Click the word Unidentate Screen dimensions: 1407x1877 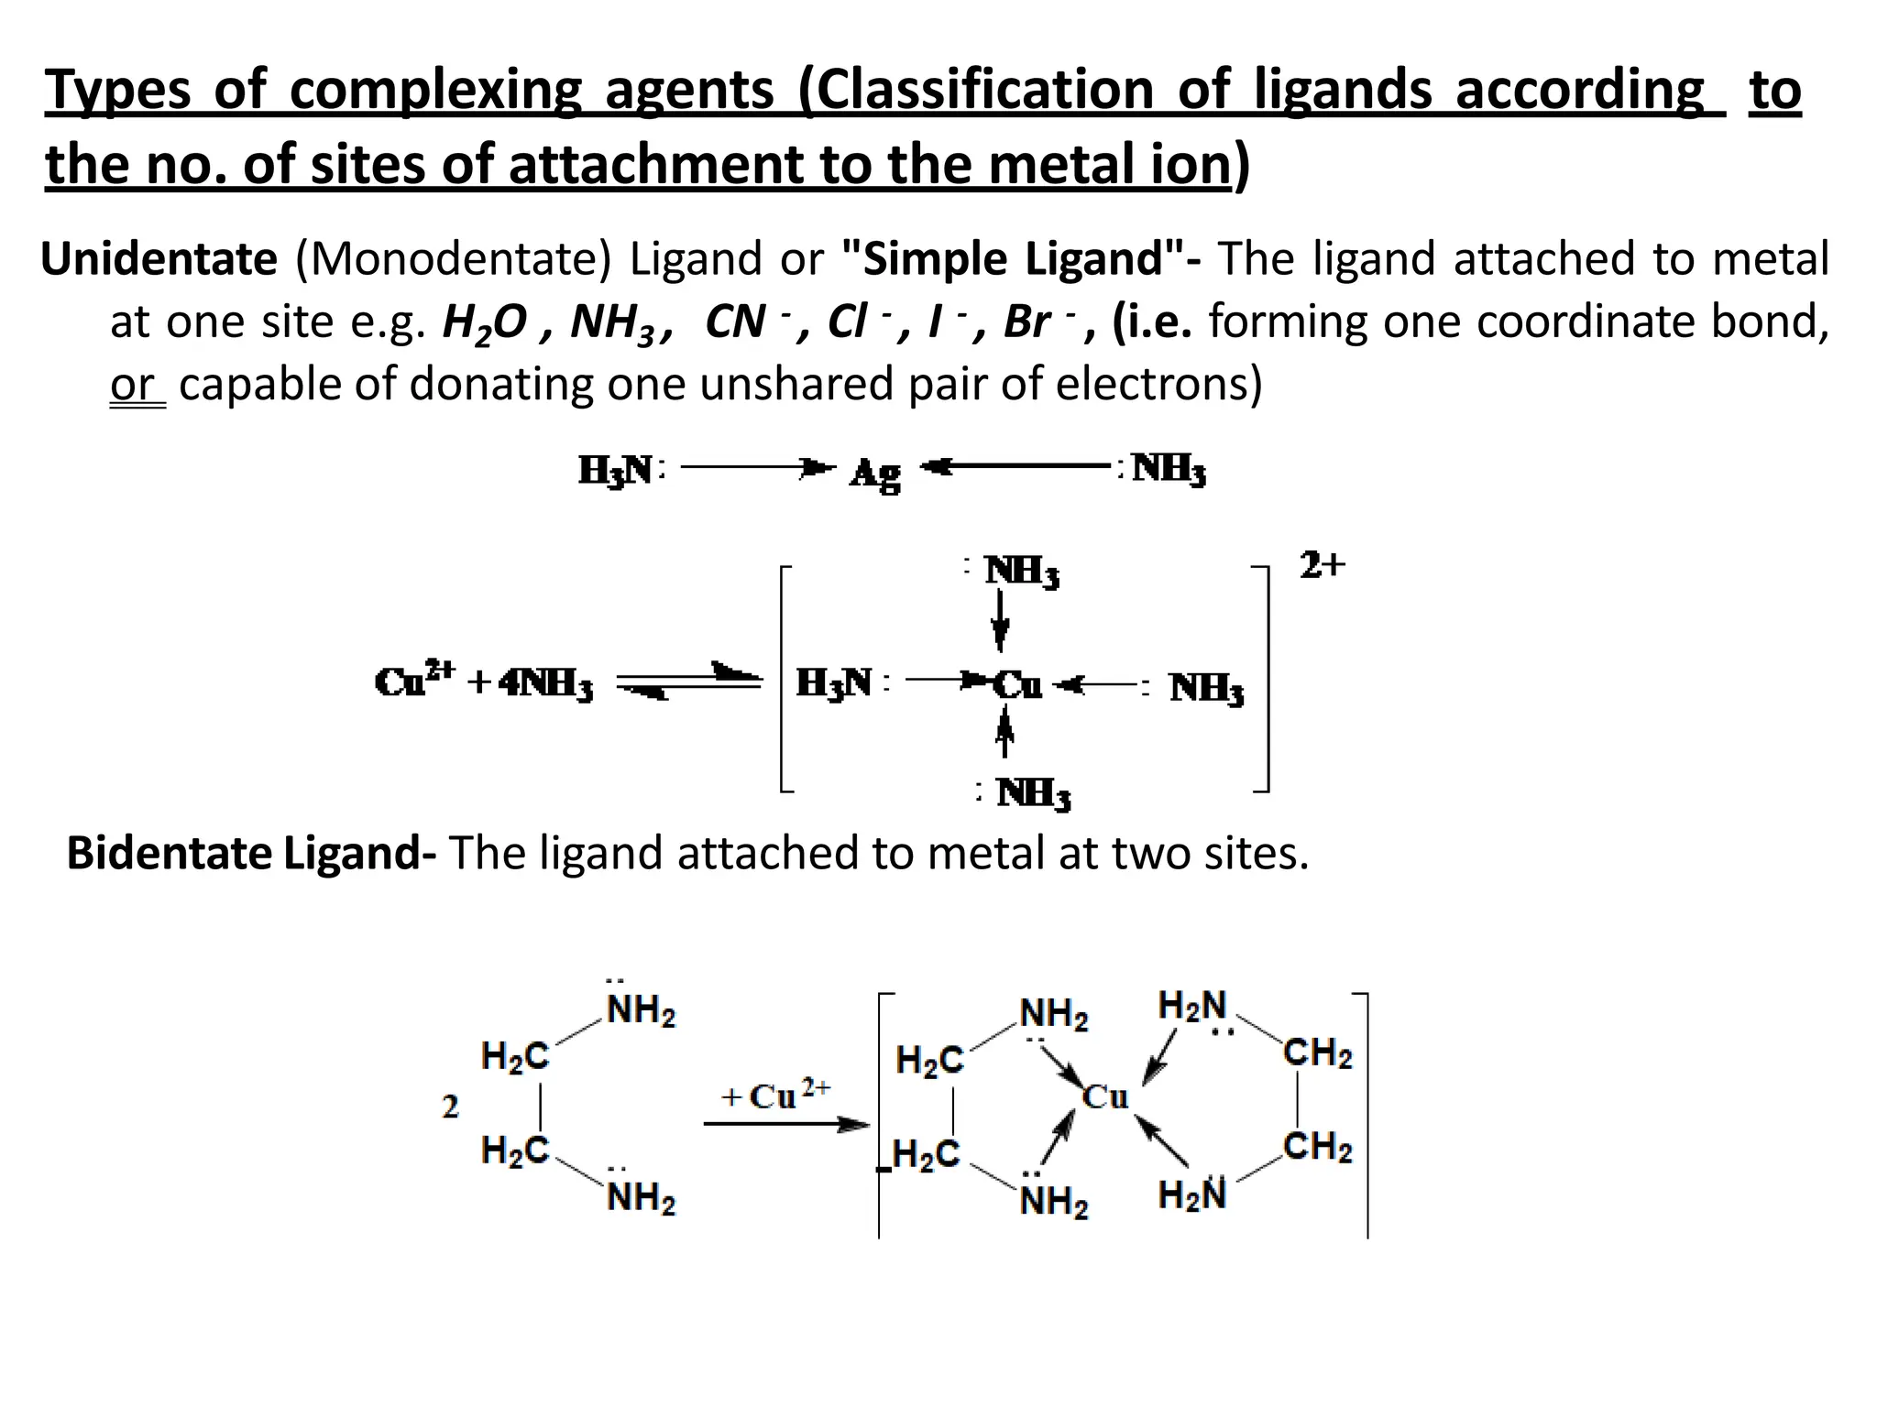159,259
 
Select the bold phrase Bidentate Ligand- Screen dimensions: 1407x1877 251,853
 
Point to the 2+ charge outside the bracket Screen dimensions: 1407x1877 1322,565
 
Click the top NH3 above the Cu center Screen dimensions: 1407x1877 1021,571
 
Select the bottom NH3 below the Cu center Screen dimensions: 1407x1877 1033,793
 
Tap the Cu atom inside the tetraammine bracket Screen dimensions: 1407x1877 1017,684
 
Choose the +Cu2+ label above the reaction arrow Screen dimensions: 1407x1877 775,1094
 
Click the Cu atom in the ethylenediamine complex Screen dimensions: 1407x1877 1104,1096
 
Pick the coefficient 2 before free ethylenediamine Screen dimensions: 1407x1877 450,1107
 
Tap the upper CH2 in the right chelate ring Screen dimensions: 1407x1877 1317,1053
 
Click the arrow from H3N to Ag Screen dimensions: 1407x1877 757,468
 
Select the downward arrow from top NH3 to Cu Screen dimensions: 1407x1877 1001,621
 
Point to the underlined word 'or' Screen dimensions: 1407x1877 134,385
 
